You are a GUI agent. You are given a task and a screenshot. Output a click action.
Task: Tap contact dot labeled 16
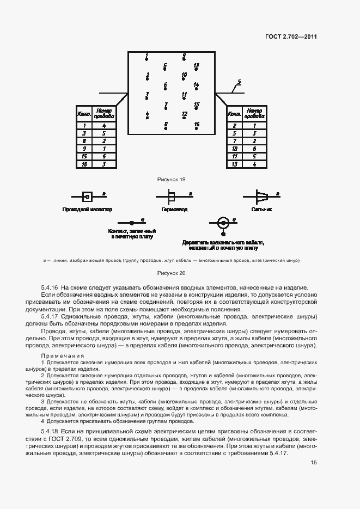(197, 129)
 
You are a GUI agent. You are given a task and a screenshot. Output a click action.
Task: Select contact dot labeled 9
(184, 60)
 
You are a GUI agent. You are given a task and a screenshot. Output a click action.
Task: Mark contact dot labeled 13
(197, 70)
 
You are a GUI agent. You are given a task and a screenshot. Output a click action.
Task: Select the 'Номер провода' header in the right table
(254, 113)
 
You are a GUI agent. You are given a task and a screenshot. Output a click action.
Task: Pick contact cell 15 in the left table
(84, 156)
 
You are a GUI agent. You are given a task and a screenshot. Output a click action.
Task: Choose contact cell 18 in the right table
(234, 148)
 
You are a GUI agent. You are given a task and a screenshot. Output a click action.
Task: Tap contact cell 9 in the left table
(84, 148)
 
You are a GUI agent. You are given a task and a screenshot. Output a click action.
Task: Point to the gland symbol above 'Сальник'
(263, 195)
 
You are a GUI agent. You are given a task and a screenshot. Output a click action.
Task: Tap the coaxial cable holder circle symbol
(222, 223)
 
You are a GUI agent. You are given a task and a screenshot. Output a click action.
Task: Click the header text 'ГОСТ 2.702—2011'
(291, 37)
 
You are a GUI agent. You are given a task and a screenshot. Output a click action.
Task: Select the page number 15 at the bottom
(314, 462)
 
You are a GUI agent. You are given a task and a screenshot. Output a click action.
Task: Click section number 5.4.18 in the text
(51, 430)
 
